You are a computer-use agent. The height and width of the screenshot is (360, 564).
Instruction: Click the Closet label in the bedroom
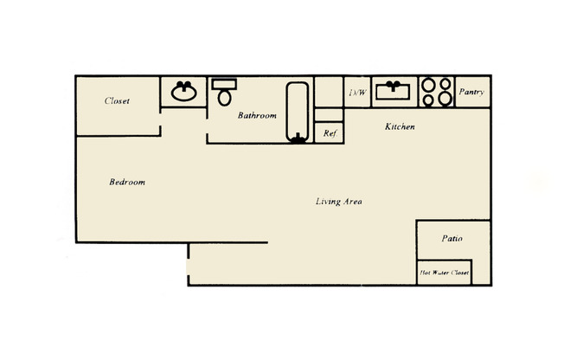pyautogui.click(x=117, y=101)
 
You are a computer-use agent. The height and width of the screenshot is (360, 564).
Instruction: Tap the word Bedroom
pyautogui.click(x=126, y=183)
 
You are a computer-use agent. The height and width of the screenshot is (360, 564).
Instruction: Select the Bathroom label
pyautogui.click(x=257, y=115)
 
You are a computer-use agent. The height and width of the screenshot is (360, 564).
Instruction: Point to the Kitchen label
pyautogui.click(x=400, y=127)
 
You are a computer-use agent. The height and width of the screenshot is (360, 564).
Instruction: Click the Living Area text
pyautogui.click(x=338, y=202)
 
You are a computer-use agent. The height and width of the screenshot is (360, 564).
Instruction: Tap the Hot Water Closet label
pyautogui.click(x=445, y=273)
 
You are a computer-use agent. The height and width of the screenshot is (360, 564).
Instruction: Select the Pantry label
pyautogui.click(x=471, y=93)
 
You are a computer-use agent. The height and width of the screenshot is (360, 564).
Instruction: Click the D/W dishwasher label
pyautogui.click(x=357, y=93)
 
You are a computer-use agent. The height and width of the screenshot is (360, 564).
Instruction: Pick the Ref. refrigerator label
pyautogui.click(x=330, y=133)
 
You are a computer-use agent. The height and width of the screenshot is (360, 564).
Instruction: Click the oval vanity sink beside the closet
pyautogui.click(x=183, y=92)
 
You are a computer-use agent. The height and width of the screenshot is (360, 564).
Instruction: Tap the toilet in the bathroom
pyautogui.click(x=225, y=93)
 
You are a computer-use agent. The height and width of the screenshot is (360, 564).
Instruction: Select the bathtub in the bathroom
pyautogui.click(x=298, y=111)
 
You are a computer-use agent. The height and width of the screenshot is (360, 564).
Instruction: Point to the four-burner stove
pyautogui.click(x=438, y=92)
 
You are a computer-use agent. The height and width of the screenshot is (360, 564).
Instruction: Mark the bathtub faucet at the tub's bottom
pyautogui.click(x=298, y=137)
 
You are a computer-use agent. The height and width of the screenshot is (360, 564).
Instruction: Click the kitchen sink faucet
pyautogui.click(x=396, y=85)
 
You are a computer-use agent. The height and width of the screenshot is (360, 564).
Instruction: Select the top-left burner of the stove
pyautogui.click(x=429, y=85)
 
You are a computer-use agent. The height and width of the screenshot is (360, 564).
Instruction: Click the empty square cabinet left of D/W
pyautogui.click(x=329, y=92)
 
